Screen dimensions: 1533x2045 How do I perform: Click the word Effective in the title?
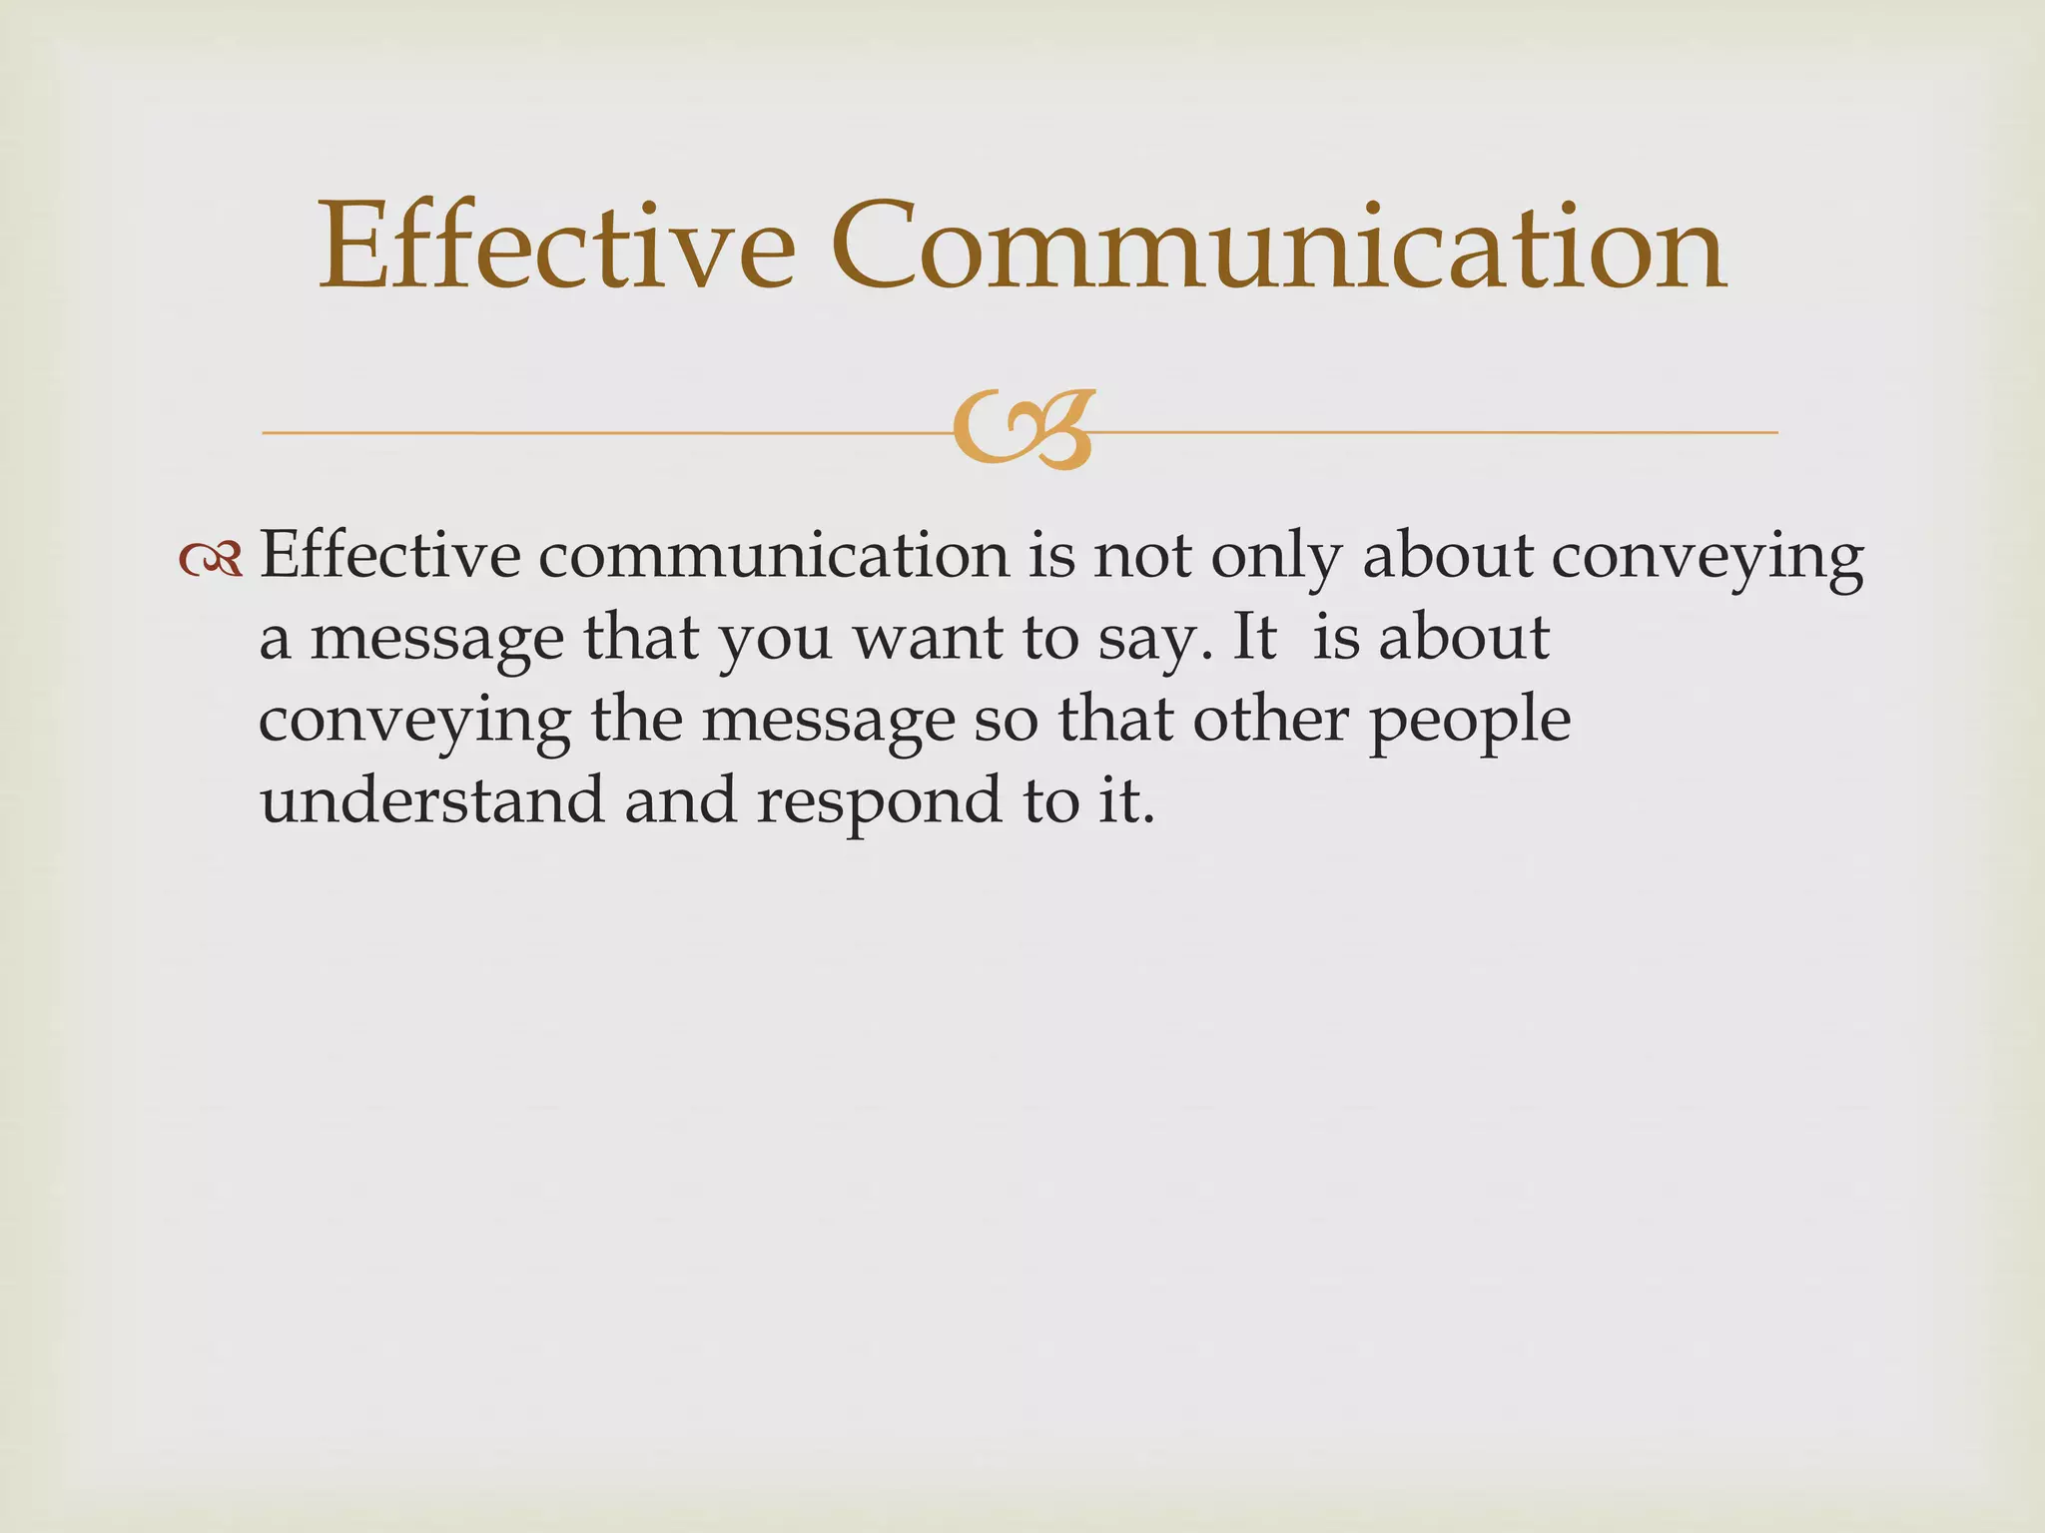click(x=556, y=247)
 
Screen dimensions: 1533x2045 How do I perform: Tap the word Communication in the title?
click(x=1277, y=247)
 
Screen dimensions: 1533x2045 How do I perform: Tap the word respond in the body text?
click(x=879, y=803)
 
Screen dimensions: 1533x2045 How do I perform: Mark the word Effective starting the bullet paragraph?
click(x=389, y=556)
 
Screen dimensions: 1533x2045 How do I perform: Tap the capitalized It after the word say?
click(x=1255, y=638)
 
